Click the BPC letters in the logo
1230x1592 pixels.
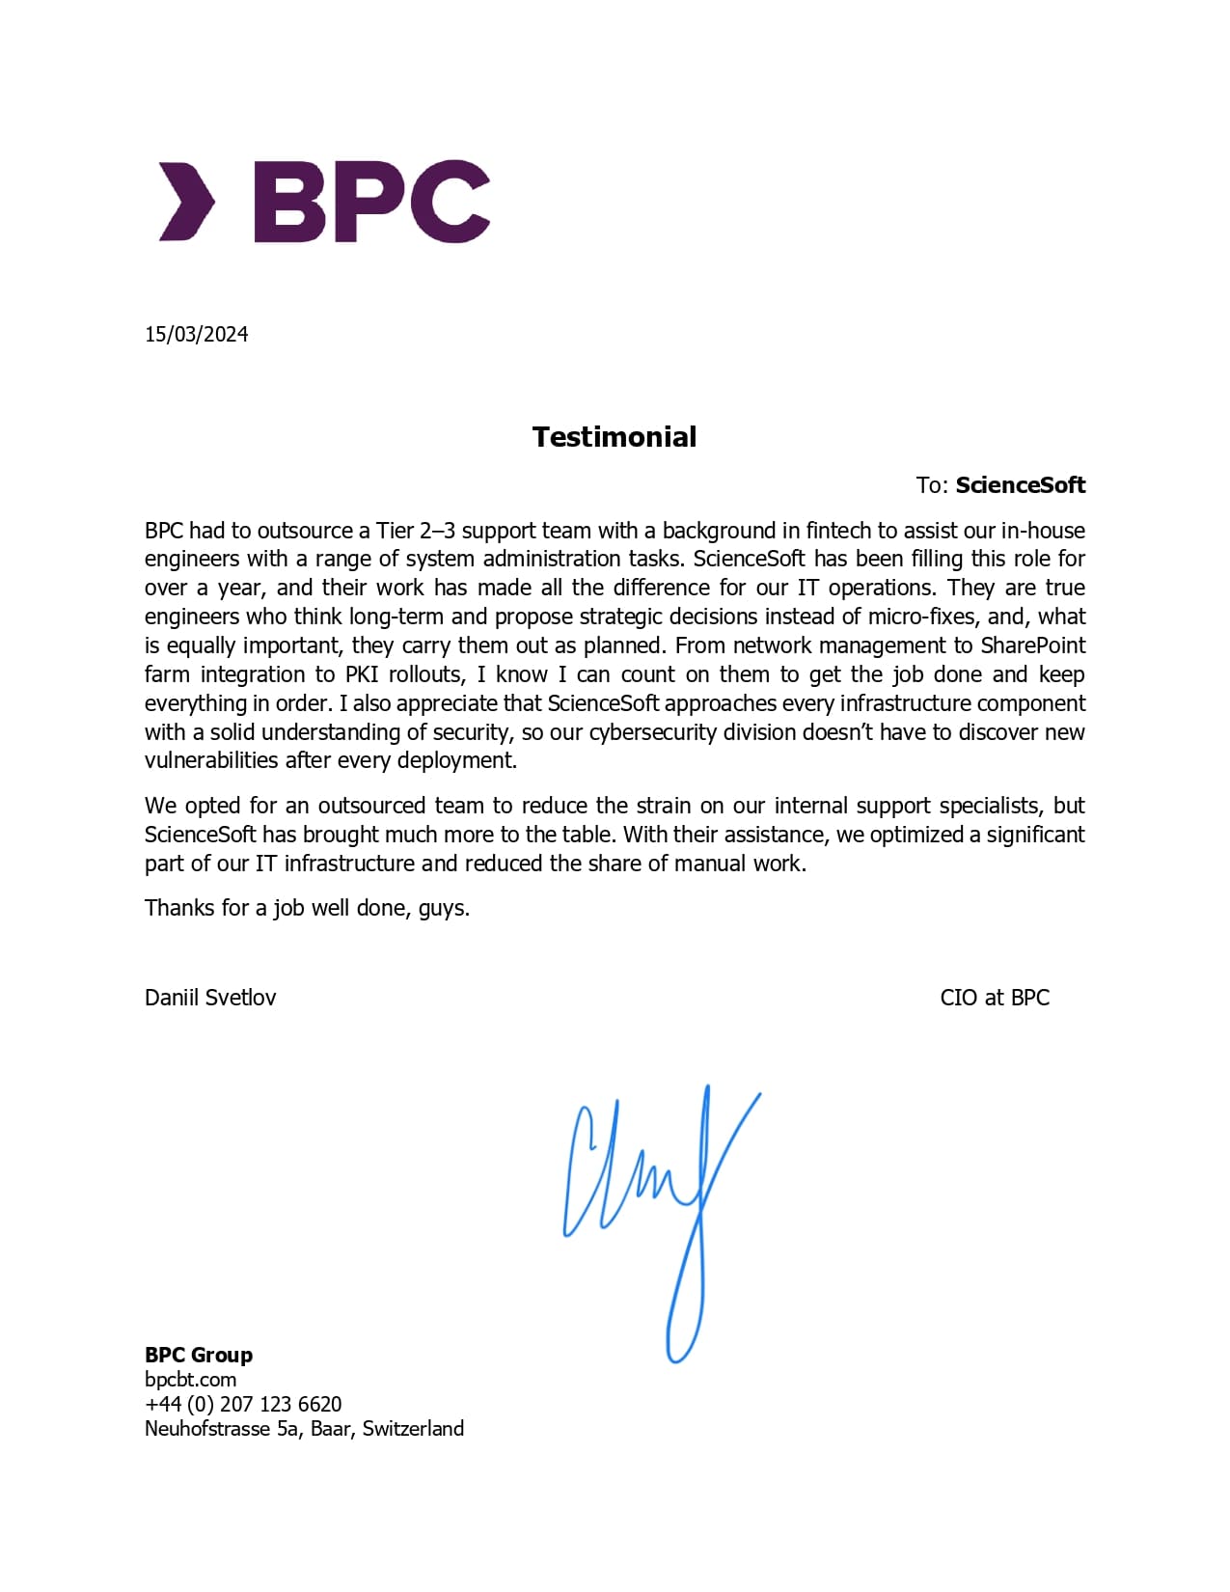click(x=371, y=201)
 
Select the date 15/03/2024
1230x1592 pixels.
click(x=197, y=334)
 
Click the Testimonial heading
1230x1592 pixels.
click(x=615, y=437)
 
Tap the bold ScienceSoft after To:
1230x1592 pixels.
click(x=1020, y=485)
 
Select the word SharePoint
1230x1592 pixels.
click(x=1032, y=645)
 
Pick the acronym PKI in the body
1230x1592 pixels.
click(x=362, y=674)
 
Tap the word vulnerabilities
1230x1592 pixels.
click(x=211, y=760)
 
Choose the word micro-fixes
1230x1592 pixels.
click(x=923, y=617)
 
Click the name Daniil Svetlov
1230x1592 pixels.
click(x=210, y=998)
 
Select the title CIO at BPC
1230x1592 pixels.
click(x=995, y=998)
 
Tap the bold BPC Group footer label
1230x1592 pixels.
click(x=199, y=1355)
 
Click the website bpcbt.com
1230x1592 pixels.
click(x=190, y=1380)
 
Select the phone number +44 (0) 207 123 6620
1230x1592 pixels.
click(x=243, y=1404)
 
